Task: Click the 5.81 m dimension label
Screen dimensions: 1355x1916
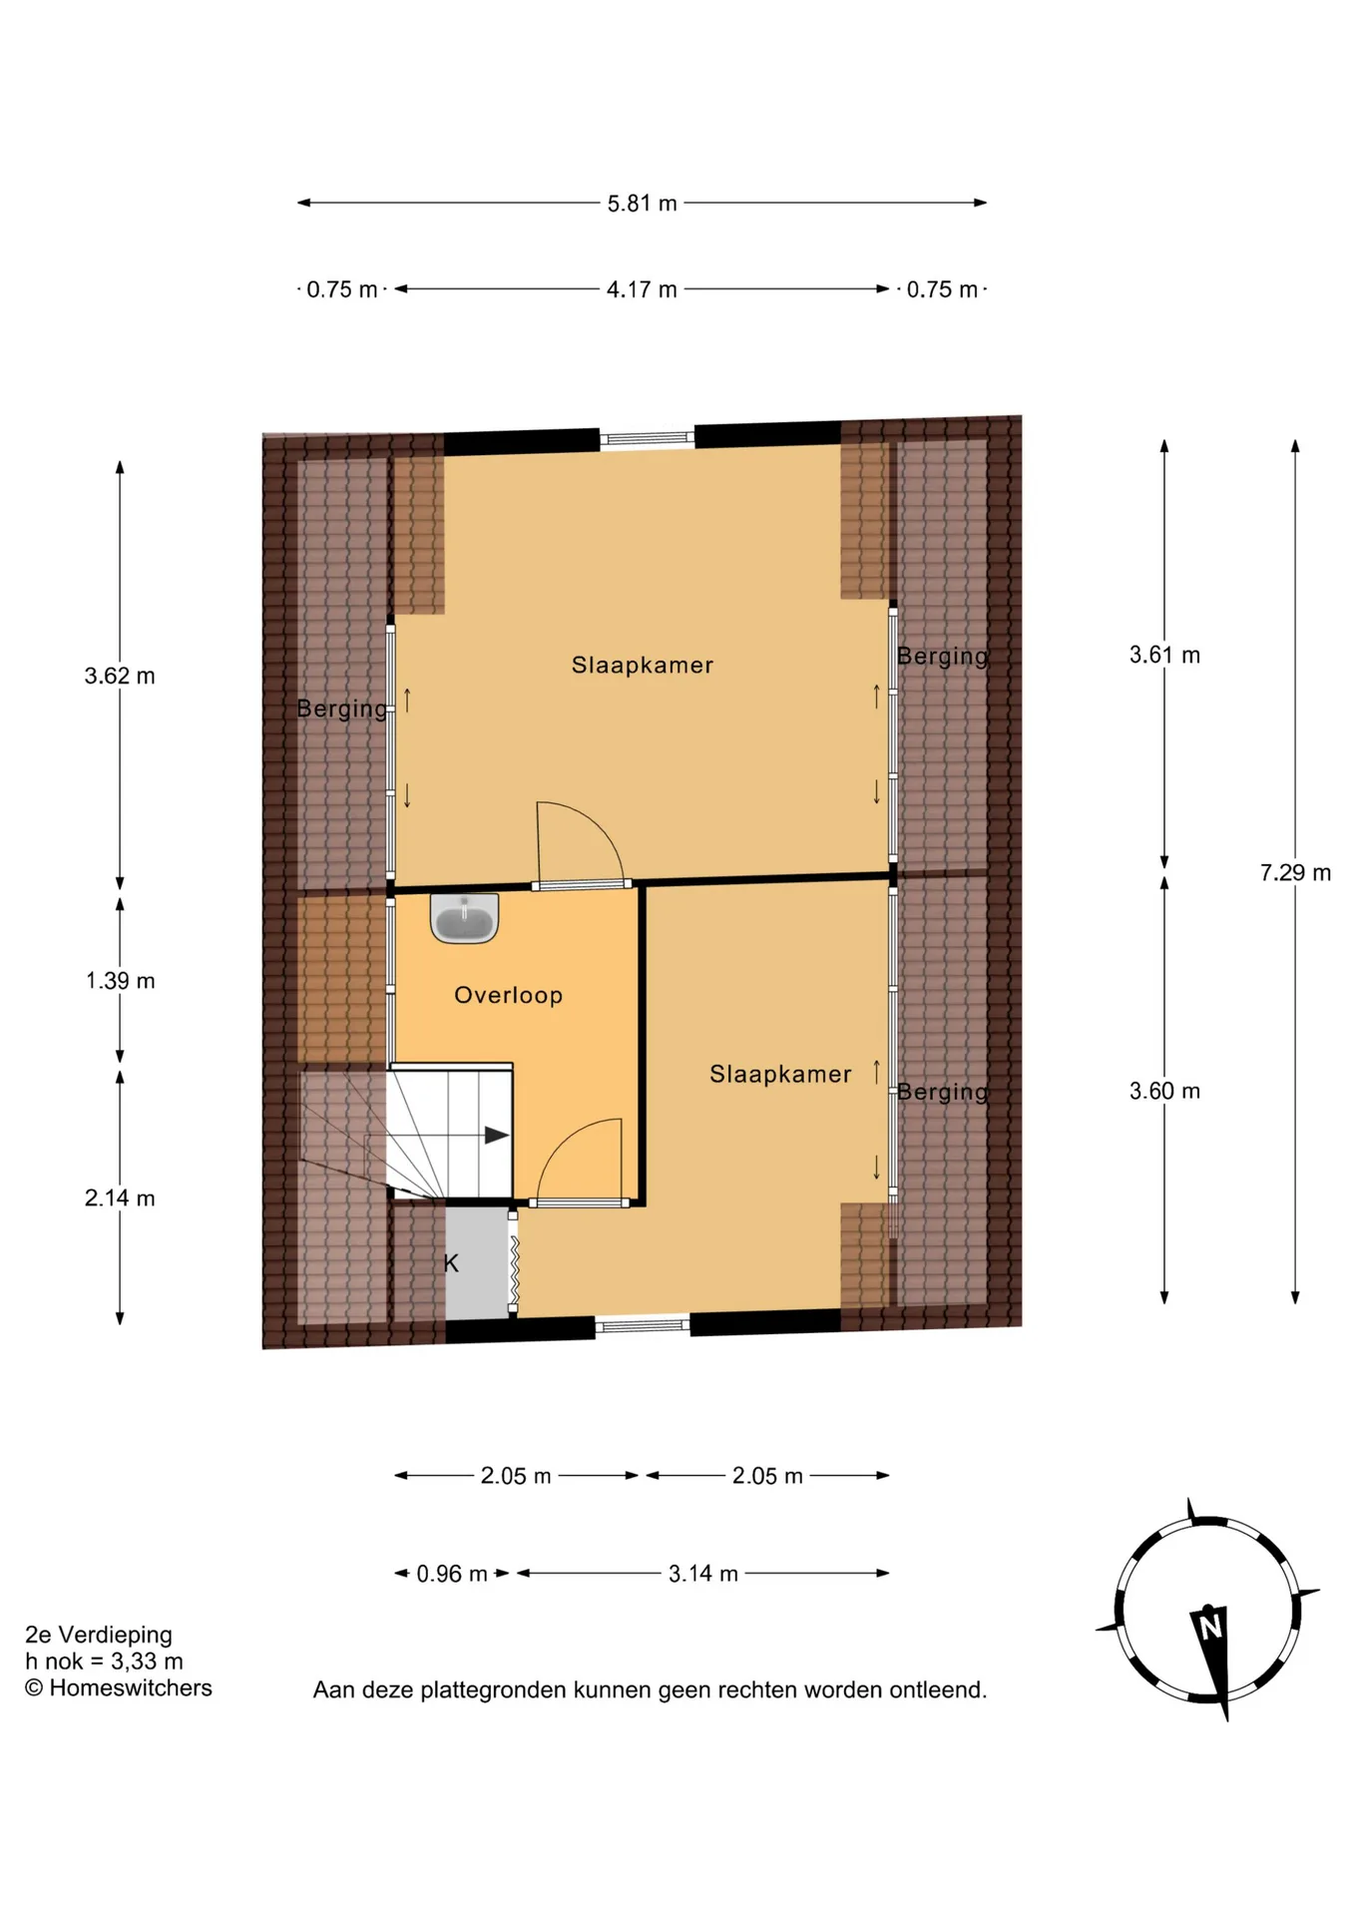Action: coord(642,204)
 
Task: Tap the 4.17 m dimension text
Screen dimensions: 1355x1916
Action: coord(642,289)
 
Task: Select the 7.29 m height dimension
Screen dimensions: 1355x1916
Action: coord(1295,873)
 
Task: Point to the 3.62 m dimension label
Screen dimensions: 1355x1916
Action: coord(120,676)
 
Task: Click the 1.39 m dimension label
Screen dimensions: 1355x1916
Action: coord(120,981)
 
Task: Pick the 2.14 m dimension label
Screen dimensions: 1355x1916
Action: coord(120,1198)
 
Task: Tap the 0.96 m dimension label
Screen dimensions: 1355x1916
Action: coord(452,1574)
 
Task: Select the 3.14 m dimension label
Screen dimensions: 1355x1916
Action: coord(703,1574)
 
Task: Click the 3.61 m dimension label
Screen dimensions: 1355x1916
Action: coord(1164,655)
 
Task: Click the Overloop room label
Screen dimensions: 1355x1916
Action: coord(508,995)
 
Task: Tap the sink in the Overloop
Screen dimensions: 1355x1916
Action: coord(464,918)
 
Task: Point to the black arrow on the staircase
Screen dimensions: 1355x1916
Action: coord(497,1135)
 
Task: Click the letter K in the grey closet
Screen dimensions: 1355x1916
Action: coord(451,1263)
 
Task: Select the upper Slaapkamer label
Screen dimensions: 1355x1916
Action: coord(643,665)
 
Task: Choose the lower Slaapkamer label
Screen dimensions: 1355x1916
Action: coord(780,1074)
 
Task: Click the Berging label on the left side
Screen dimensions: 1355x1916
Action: coord(342,709)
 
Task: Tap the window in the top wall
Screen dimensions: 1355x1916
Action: coord(647,437)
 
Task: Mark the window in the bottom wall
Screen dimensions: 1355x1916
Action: coord(643,1325)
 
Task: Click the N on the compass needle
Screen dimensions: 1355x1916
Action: coord(1210,1628)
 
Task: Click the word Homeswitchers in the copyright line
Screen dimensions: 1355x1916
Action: coord(131,1687)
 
